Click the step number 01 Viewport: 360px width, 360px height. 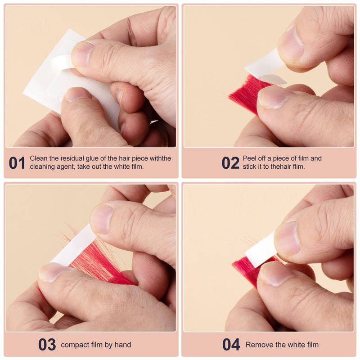(x=17, y=163)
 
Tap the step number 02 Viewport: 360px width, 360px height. (x=230, y=163)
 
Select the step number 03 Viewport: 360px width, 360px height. (x=47, y=344)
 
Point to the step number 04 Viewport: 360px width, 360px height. (x=231, y=344)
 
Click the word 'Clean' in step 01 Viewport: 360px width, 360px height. (x=38, y=158)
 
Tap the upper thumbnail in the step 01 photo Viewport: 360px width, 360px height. (x=82, y=54)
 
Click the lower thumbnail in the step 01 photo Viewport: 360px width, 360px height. (x=77, y=94)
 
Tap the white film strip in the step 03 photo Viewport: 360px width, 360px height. (x=73, y=246)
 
